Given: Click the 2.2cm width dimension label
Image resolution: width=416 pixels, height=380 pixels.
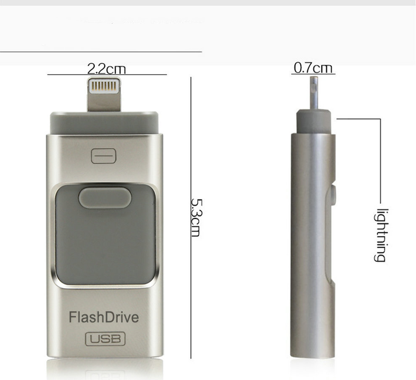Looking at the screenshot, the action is point(106,69).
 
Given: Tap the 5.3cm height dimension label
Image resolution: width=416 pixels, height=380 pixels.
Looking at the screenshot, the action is point(196,217).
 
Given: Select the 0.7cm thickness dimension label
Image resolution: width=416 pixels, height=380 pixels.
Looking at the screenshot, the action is point(313,68).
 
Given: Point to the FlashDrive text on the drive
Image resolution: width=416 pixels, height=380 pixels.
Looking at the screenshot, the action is point(104,317).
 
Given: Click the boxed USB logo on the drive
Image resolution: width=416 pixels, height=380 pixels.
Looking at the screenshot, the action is point(105,339).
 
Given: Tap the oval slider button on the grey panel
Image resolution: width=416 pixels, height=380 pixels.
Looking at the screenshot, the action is point(105,197).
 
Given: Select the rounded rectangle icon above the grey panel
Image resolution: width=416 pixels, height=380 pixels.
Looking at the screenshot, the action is point(103,156).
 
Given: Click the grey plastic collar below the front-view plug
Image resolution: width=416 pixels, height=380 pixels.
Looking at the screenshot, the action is point(105,123).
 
